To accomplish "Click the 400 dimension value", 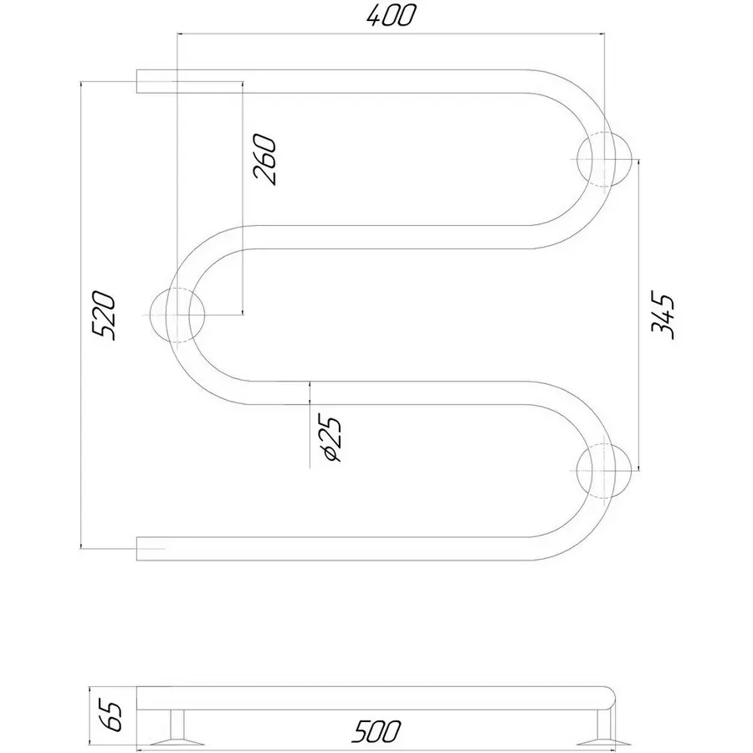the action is pyautogui.click(x=390, y=17).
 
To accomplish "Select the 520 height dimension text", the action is pyautogui.click(x=105, y=315).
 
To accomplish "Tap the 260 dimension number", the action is pyautogui.click(x=265, y=160).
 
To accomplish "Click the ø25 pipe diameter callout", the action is pyautogui.click(x=332, y=439).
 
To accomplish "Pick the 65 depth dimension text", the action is pyautogui.click(x=112, y=716).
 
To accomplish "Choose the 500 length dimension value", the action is pyautogui.click(x=376, y=731).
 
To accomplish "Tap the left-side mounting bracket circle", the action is pyautogui.click(x=177, y=315).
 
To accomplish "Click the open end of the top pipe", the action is pyautogui.click(x=137, y=81).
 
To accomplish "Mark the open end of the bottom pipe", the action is pyautogui.click(x=137, y=548).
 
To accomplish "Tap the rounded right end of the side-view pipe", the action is pyautogui.click(x=610, y=699).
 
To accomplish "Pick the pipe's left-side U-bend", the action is pyautogui.click(x=177, y=315).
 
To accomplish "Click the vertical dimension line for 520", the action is pyautogui.click(x=80, y=315).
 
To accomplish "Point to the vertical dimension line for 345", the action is pyautogui.click(x=638, y=315).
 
